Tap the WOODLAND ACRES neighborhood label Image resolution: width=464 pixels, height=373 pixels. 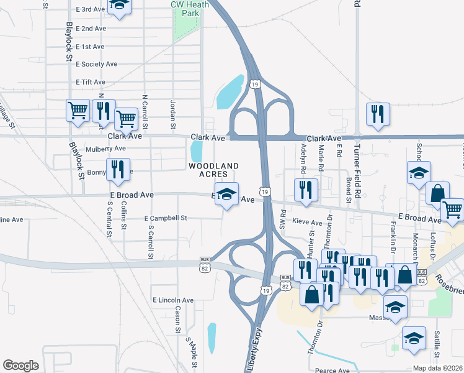point(213,170)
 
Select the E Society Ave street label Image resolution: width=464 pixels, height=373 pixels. point(96,64)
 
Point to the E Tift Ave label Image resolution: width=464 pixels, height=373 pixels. point(90,82)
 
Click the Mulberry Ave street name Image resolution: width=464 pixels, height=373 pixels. point(106,149)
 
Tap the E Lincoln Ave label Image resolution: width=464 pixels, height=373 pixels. point(173,300)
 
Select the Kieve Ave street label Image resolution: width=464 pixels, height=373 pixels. point(307,222)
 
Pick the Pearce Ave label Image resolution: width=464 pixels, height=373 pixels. point(329,371)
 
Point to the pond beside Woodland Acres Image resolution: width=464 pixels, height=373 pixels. point(197,150)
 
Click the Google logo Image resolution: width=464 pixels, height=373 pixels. point(20,366)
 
